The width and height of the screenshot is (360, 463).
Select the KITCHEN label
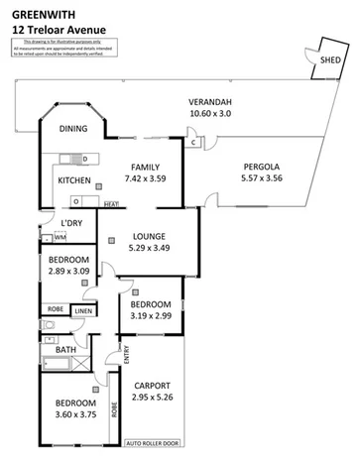coord(74,180)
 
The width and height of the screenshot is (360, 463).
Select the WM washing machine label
coord(60,238)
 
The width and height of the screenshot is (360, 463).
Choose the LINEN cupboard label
coord(83,310)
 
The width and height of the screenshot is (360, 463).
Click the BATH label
coord(66,350)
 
